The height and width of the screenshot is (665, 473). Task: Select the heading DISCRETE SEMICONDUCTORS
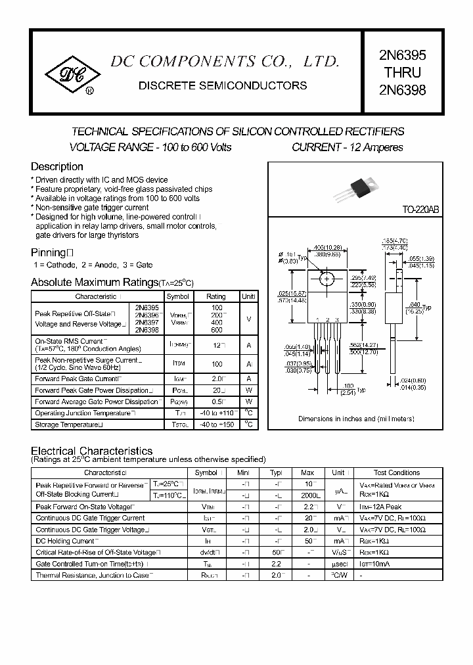pos(223,85)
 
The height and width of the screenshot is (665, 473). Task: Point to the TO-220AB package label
pos(420,210)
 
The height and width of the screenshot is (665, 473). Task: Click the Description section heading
pos(57,167)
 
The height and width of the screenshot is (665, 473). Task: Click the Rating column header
pos(216,296)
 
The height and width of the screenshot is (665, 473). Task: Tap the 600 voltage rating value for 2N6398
pos(216,330)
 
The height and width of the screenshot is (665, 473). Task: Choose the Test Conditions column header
pos(396,472)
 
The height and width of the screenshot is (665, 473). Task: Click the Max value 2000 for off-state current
pos(308,495)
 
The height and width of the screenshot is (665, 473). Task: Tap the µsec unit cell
pos(338,564)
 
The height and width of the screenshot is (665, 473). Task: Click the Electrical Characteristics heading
pos(92,451)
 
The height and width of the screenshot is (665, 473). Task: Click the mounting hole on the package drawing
pos(327,280)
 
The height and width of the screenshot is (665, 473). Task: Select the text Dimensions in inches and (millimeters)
pos(355,419)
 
